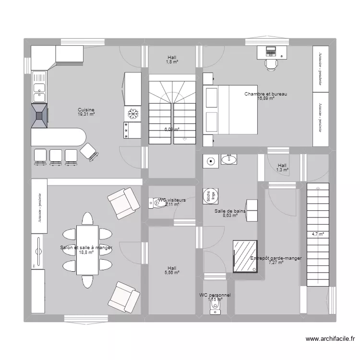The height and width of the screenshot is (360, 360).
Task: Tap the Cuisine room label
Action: pos(86,109)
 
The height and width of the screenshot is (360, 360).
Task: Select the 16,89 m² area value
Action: pos(265,99)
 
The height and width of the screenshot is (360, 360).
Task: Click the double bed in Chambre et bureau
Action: pos(230,110)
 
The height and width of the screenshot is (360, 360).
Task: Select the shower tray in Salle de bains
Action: pos(245,256)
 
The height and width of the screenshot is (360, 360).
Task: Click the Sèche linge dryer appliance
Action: pos(211,195)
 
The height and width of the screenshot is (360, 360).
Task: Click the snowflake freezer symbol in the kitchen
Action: pos(133,114)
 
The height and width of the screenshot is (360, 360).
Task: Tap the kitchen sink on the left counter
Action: pos(39,87)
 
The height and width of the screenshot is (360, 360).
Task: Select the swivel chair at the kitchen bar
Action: pos(90,151)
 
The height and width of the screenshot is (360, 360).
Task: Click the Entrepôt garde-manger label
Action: pos(276,258)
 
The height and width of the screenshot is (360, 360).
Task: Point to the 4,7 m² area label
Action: pos(317,235)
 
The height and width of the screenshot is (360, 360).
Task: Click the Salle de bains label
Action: pos(230,211)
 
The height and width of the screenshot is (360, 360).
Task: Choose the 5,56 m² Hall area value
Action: pos(172,273)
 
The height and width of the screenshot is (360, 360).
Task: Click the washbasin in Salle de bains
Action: pos(230,160)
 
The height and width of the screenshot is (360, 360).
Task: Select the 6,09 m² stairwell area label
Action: pos(172,130)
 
